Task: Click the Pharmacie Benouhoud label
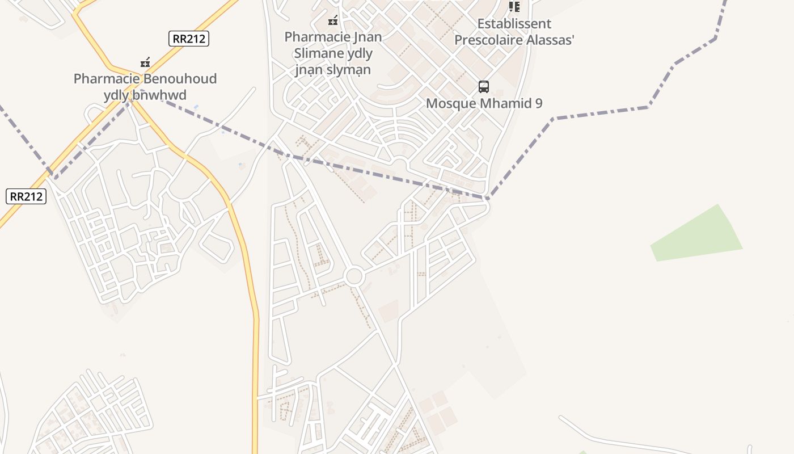click(x=145, y=79)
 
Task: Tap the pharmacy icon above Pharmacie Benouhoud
click(x=145, y=62)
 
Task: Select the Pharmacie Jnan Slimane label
click(x=333, y=37)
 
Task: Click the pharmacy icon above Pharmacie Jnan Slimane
click(x=333, y=21)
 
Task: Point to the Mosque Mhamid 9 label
click(x=484, y=103)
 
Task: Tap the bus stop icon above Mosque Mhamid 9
click(x=484, y=87)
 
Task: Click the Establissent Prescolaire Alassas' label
click(x=514, y=32)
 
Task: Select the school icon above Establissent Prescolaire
click(x=514, y=7)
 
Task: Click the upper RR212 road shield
click(x=189, y=39)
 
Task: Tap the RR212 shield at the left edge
click(x=26, y=196)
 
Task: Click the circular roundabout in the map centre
click(x=354, y=277)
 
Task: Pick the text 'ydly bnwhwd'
click(x=145, y=95)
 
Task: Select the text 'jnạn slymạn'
click(x=333, y=70)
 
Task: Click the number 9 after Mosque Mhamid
click(x=538, y=103)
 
